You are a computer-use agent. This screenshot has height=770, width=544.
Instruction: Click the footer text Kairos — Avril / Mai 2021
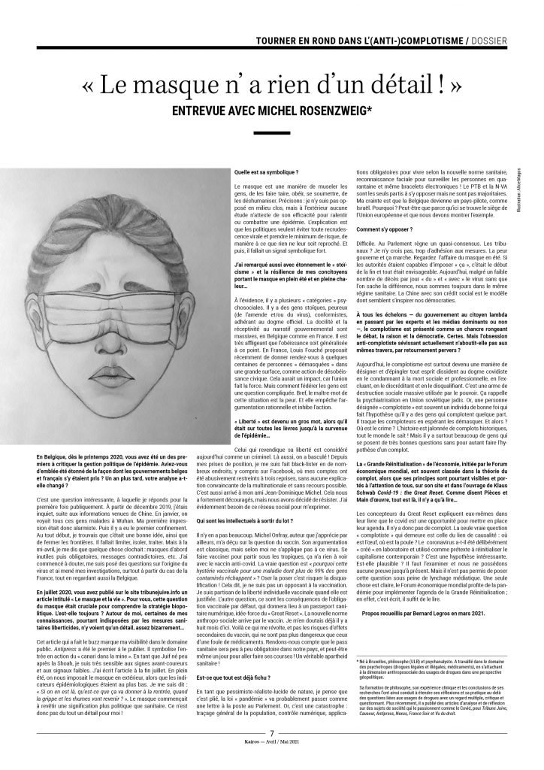[x=272, y=761]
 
